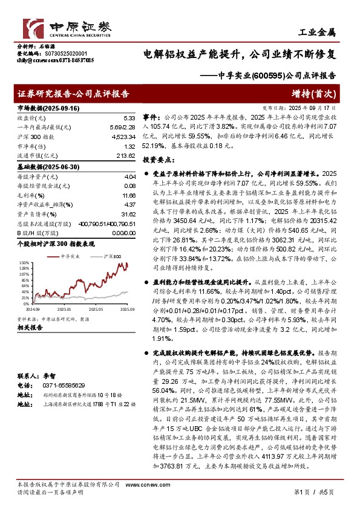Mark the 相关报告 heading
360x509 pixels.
pyautogui.click(x=29, y=327)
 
